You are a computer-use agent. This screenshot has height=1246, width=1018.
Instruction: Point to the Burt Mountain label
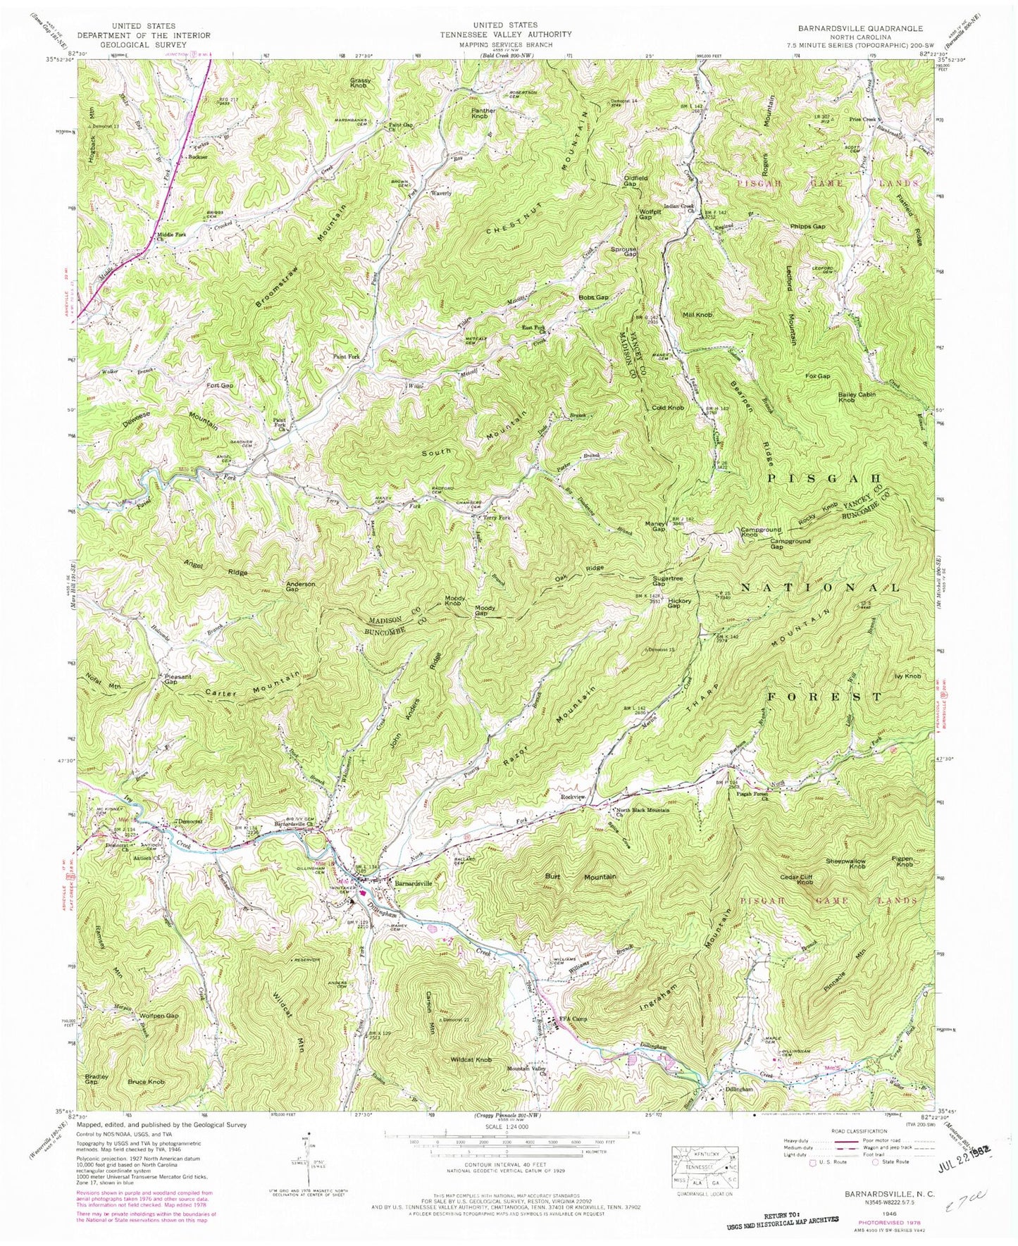581,877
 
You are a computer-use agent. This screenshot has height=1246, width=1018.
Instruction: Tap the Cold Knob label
668,408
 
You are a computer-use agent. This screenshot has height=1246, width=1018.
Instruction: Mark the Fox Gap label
818,377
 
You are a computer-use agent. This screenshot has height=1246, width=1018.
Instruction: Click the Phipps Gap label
807,227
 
